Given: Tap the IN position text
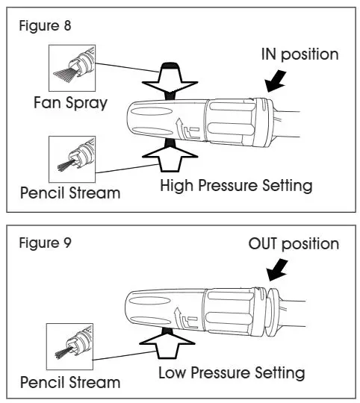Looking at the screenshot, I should [x=299, y=54].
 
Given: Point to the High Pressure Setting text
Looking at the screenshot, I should [x=236, y=185].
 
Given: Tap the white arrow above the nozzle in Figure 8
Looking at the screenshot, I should [x=173, y=80].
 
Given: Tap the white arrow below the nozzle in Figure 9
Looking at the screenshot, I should [x=173, y=344].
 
